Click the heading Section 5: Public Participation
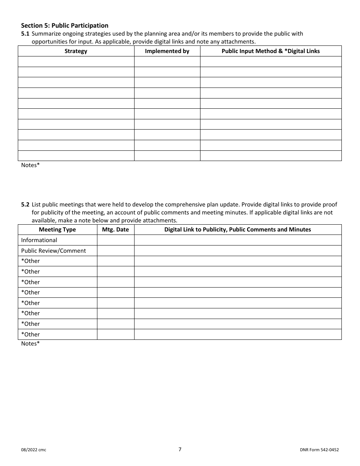click(x=64, y=25)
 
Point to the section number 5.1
click(x=25, y=34)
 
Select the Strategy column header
click(x=76, y=51)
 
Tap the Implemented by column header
click(x=167, y=51)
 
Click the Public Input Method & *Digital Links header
click(x=271, y=51)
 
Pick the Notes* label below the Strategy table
click(x=30, y=165)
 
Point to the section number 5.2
click(x=25, y=205)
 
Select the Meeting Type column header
click(x=57, y=230)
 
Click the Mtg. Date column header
click(x=116, y=230)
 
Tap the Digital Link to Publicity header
click(x=238, y=230)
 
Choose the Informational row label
click(x=39, y=240)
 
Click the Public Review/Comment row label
click(x=53, y=251)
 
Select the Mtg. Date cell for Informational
click(x=116, y=240)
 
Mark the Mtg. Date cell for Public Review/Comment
click(x=116, y=251)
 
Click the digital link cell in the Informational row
click(x=238, y=240)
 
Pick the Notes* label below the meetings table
click(x=30, y=344)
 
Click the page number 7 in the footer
click(x=180, y=449)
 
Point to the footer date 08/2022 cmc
click(x=34, y=450)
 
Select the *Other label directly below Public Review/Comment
click(x=30, y=261)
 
